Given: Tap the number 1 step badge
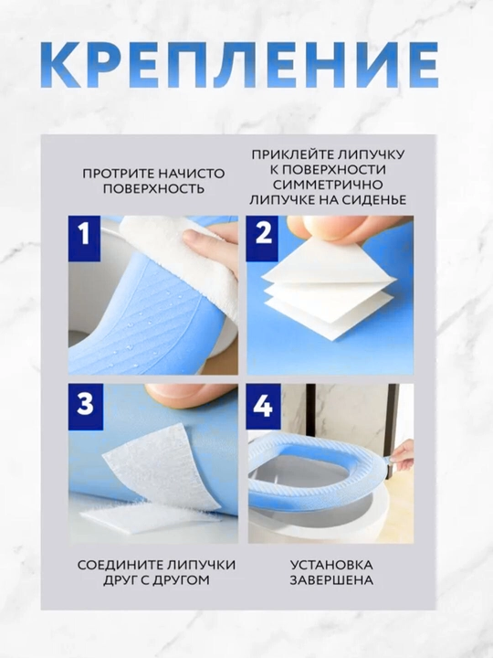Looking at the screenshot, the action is pyautogui.click(x=84, y=238).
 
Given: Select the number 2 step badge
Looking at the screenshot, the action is pyautogui.click(x=262, y=238).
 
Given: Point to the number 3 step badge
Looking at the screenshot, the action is pyautogui.click(x=85, y=406).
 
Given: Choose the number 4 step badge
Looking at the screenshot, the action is pyautogui.click(x=263, y=406).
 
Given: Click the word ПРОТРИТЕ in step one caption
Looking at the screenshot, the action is pyautogui.click(x=114, y=174).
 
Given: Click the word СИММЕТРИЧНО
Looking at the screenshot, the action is pyautogui.click(x=328, y=185).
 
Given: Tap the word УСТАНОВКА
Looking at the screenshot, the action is pyautogui.click(x=331, y=565).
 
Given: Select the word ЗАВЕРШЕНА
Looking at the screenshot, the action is pyautogui.click(x=331, y=580).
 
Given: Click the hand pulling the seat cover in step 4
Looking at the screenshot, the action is pyautogui.click(x=401, y=458).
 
